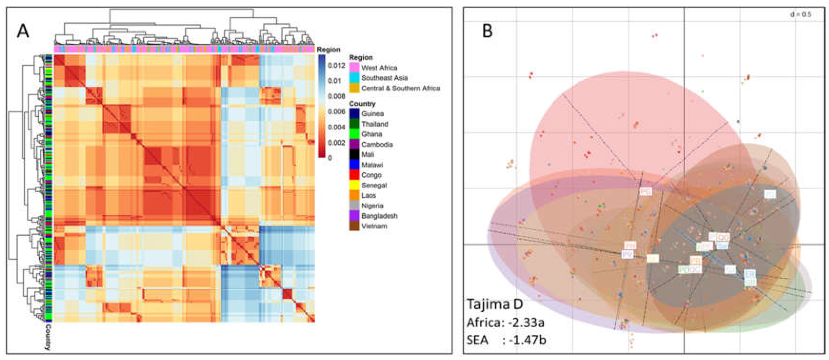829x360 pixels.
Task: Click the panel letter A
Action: (x=23, y=32)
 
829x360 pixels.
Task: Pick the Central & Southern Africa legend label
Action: (x=401, y=88)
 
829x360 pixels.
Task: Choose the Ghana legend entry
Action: (x=372, y=134)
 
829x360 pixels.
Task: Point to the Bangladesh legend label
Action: (x=379, y=216)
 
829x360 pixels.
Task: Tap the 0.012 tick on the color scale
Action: (x=336, y=65)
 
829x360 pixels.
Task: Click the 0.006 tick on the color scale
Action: (x=336, y=112)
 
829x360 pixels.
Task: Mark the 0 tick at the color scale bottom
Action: (x=330, y=158)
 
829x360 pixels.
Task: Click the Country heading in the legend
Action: (x=362, y=104)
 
